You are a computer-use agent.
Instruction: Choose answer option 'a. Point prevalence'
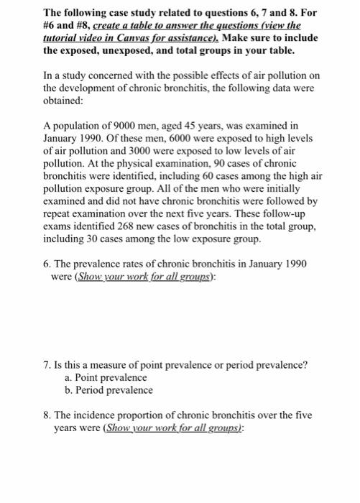click(x=105, y=377)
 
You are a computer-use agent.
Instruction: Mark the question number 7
click(x=47, y=364)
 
